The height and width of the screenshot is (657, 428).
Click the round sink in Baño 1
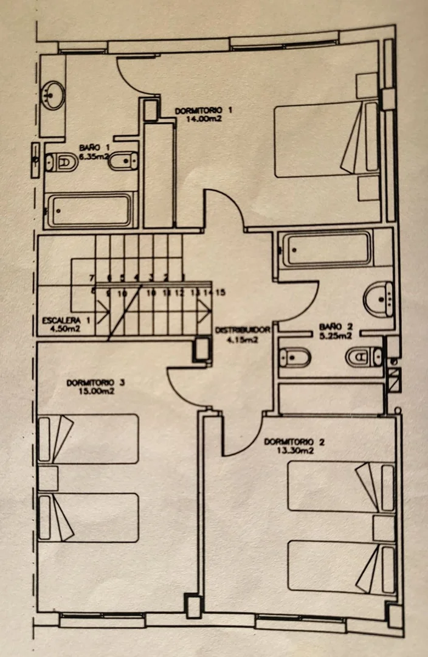pyautogui.click(x=53, y=94)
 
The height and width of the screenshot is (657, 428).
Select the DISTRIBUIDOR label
pyautogui.click(x=243, y=330)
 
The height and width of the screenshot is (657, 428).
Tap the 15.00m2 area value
pyautogui.click(x=96, y=391)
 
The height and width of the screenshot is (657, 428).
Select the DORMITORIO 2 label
pyautogui.click(x=294, y=442)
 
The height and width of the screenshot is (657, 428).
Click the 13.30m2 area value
pyautogui.click(x=294, y=451)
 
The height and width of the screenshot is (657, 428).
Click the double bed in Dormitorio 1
pyautogui.click(x=325, y=138)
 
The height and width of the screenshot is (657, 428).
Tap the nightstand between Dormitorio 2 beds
pyautogui.click(x=384, y=527)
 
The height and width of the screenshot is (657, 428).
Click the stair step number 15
pyautogui.click(x=221, y=293)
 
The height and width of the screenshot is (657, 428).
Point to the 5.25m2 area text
pyautogui.click(x=335, y=335)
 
